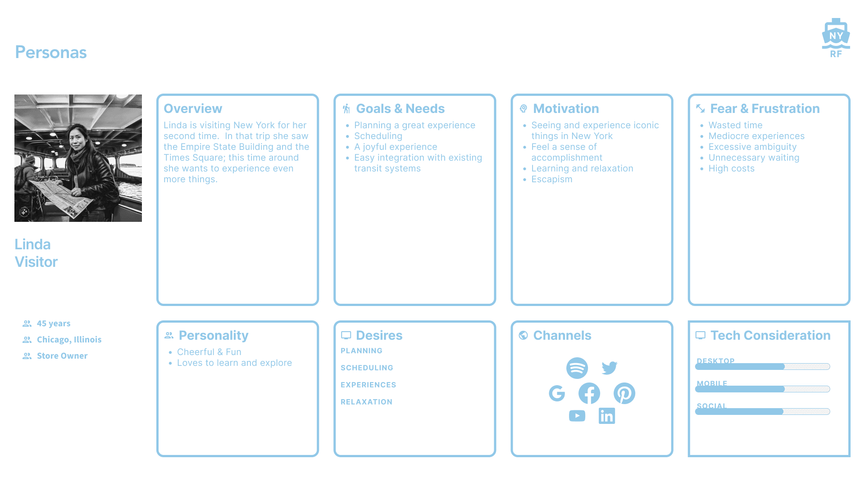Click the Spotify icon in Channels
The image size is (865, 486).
[577, 368]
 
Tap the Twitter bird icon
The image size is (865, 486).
[609, 368]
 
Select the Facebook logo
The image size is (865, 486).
[589, 393]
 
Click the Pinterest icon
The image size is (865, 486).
[624, 393]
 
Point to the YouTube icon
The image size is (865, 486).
[577, 416]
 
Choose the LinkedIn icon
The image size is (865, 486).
[607, 416]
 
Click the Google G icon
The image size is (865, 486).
[557, 393]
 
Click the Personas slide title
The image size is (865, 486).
[51, 53]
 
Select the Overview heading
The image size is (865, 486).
[193, 108]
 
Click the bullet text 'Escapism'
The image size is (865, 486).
[551, 179]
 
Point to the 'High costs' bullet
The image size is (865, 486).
[731, 168]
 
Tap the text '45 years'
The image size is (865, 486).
[54, 324]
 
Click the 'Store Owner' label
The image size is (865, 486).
[62, 356]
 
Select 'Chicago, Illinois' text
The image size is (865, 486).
[69, 340]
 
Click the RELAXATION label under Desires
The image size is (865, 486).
[366, 402]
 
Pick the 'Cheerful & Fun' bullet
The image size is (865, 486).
[209, 352]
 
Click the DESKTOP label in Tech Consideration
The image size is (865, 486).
[715, 360]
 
